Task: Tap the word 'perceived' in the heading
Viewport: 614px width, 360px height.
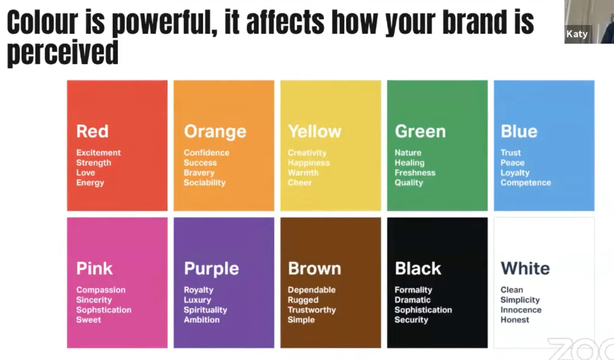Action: click(x=63, y=53)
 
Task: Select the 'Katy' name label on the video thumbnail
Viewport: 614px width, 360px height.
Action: click(x=577, y=34)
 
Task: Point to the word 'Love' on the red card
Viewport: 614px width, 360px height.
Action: click(x=86, y=173)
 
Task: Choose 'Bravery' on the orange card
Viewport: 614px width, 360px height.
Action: click(x=199, y=173)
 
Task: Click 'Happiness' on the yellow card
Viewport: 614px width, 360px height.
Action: click(x=309, y=163)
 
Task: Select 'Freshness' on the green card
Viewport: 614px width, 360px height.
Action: click(x=415, y=173)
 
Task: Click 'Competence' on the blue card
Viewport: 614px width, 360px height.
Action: click(x=525, y=183)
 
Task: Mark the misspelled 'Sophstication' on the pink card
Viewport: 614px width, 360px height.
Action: click(x=104, y=310)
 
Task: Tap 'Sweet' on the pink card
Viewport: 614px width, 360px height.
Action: click(x=89, y=320)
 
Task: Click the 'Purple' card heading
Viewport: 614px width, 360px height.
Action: click(x=211, y=268)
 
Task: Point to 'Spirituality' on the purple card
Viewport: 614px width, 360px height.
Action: click(x=205, y=310)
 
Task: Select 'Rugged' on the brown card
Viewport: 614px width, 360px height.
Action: click(x=303, y=300)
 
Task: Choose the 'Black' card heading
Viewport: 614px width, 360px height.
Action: click(x=418, y=268)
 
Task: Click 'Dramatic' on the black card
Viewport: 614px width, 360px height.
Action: click(x=412, y=300)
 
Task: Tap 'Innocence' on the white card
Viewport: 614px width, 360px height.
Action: click(x=521, y=310)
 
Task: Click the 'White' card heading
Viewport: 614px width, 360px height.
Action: click(x=525, y=268)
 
